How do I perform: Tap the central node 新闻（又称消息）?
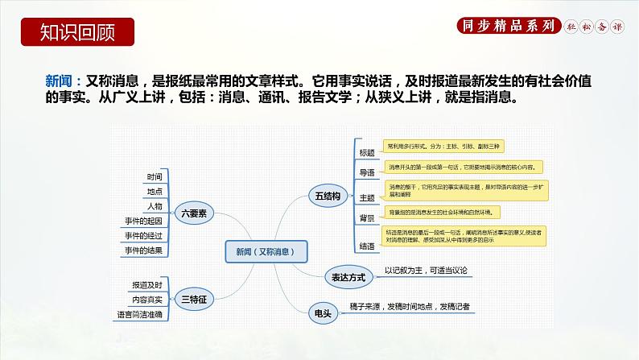click(x=266, y=252)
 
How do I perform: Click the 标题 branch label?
click(x=367, y=152)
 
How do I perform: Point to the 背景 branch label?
click(x=367, y=217)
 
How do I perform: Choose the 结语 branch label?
click(x=367, y=245)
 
